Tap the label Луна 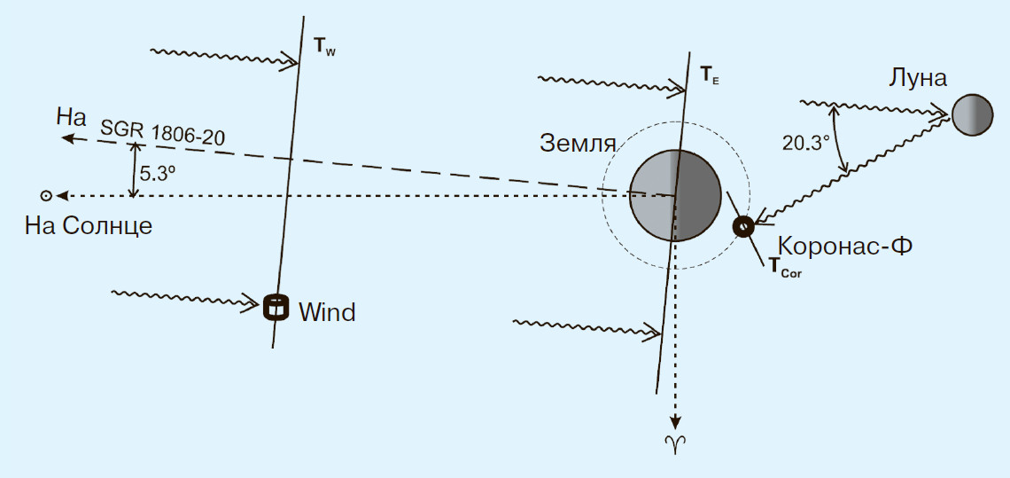(x=918, y=78)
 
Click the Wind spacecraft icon (x=277, y=307)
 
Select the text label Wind (x=327, y=312)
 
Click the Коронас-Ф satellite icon (x=742, y=226)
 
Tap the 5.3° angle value (x=158, y=175)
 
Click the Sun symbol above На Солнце (x=44, y=195)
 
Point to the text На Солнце (x=89, y=225)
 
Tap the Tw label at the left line (x=325, y=45)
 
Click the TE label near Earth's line (x=710, y=75)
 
